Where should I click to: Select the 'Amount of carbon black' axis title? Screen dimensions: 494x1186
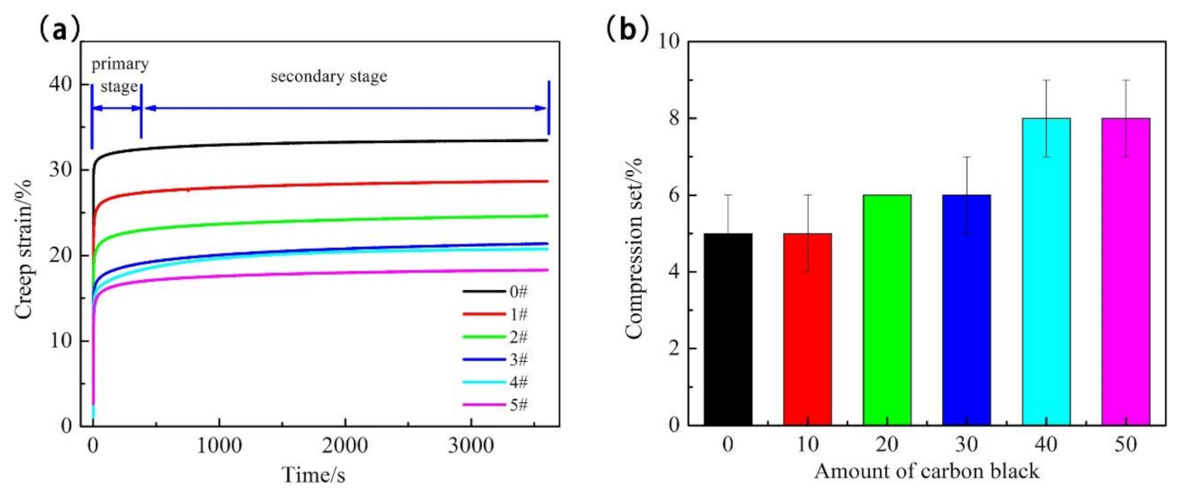[x=926, y=472]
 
